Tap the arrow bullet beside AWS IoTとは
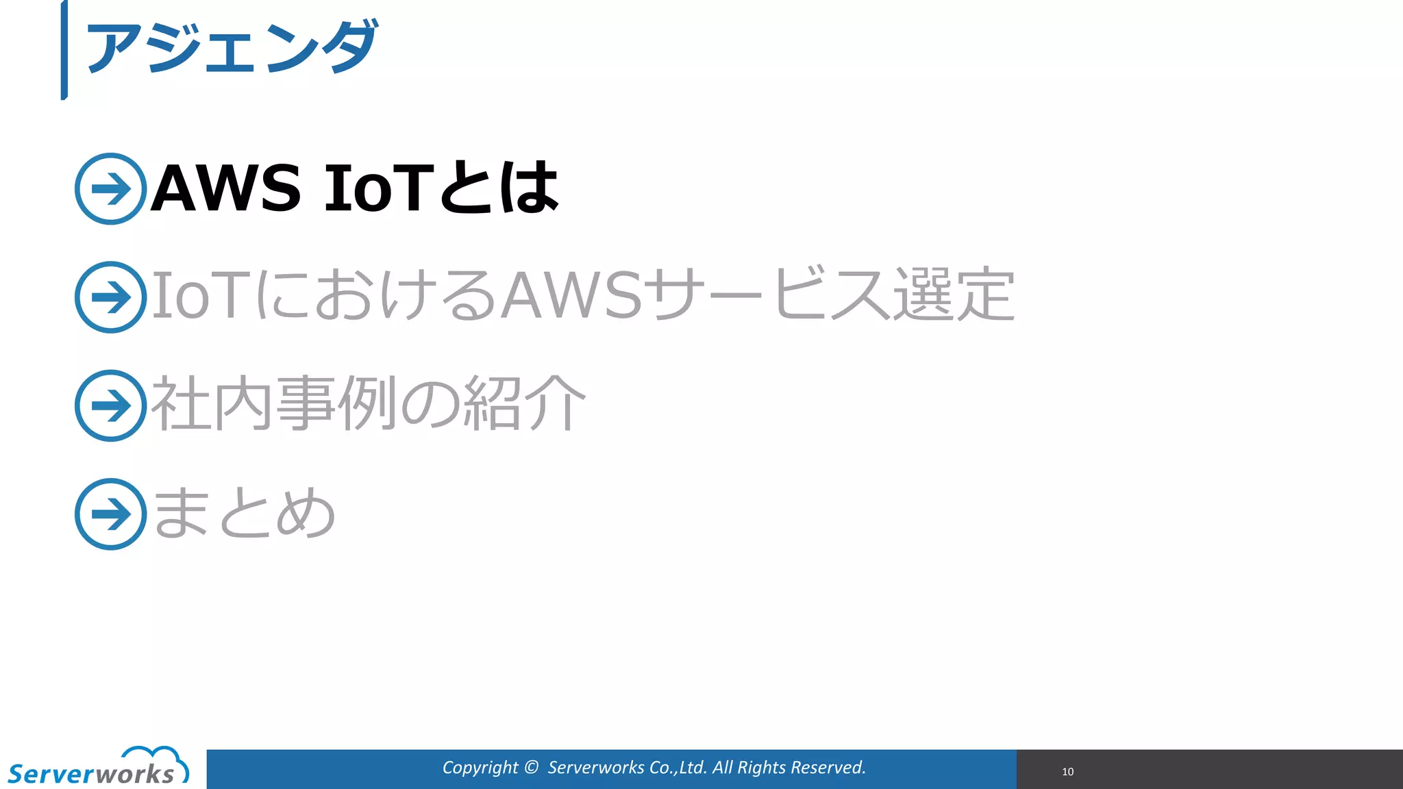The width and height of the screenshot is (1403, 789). coord(110,188)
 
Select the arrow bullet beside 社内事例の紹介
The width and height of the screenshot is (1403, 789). coord(110,405)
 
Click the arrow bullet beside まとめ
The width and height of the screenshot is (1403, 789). coord(110,514)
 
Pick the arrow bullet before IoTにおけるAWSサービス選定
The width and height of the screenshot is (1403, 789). coord(110,297)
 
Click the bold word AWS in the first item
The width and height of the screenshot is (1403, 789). coord(225,188)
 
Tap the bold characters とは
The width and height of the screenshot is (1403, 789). coord(499,188)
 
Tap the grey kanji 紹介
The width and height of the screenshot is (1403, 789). coord(525,404)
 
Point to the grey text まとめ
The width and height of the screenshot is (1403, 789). coord(244,512)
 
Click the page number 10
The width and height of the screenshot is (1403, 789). coord(1067,771)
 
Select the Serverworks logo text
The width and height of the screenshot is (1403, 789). coord(91,774)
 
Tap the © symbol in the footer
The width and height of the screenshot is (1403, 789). coord(531,767)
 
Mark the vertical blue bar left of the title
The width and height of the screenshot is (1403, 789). coord(64,50)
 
